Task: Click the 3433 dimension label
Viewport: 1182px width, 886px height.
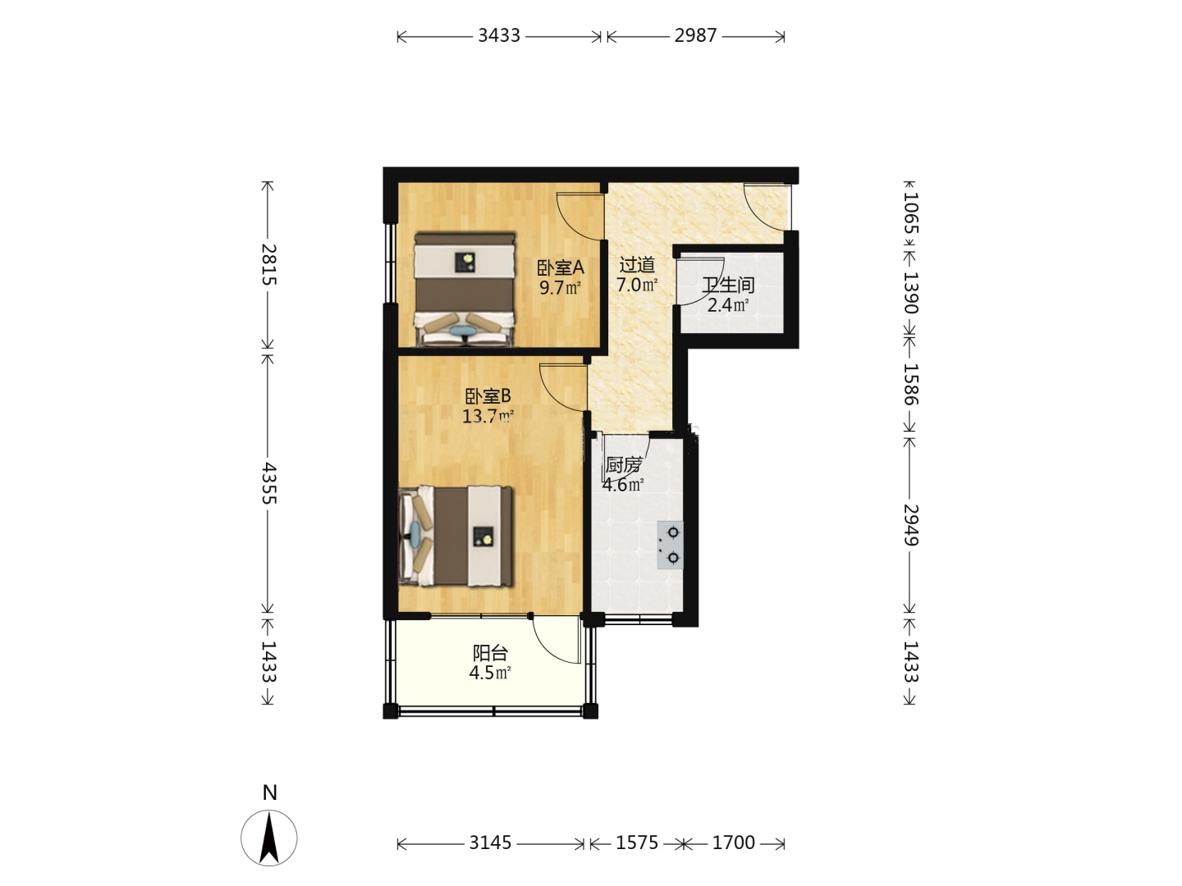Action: pos(498,35)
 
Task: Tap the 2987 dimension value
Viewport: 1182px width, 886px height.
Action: pos(695,35)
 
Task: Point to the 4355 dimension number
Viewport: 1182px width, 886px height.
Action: pos(268,482)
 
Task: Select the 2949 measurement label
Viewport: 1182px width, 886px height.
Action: pos(910,525)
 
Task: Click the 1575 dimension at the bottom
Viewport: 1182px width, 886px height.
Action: pos(636,843)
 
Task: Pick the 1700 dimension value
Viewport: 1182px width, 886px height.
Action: pos(734,843)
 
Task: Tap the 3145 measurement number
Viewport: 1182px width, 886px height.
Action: pos(489,843)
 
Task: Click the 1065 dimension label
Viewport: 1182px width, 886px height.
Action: pos(910,213)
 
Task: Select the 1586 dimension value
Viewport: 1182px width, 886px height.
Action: pos(910,384)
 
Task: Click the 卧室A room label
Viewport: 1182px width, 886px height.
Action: pos(560,267)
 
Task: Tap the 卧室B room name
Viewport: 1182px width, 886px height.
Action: pos(488,396)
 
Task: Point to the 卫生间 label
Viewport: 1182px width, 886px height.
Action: pos(728,285)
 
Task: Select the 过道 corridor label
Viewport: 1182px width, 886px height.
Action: pos(637,265)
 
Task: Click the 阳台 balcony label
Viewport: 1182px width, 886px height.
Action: pos(490,653)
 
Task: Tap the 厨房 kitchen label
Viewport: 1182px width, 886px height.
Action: pos(624,465)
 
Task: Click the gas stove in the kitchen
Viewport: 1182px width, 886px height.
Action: pos(670,545)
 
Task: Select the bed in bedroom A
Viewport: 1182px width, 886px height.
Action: pos(465,289)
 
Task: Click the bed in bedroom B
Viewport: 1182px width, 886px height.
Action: pos(455,536)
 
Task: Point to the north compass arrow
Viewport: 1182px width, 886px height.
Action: pos(268,838)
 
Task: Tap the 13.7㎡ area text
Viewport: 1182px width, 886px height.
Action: pos(488,416)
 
